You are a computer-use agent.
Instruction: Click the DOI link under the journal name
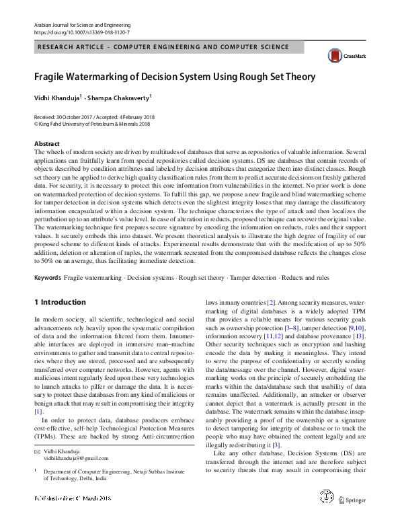(x=82, y=32)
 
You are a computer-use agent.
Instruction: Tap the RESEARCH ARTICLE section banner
(x=164, y=47)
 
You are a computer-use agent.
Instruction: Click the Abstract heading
(x=46, y=144)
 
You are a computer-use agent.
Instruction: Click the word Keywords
(x=48, y=278)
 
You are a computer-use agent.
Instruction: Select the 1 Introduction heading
(x=60, y=303)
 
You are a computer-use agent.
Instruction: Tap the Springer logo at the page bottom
(x=351, y=519)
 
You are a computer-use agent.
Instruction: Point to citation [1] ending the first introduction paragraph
(x=38, y=411)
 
